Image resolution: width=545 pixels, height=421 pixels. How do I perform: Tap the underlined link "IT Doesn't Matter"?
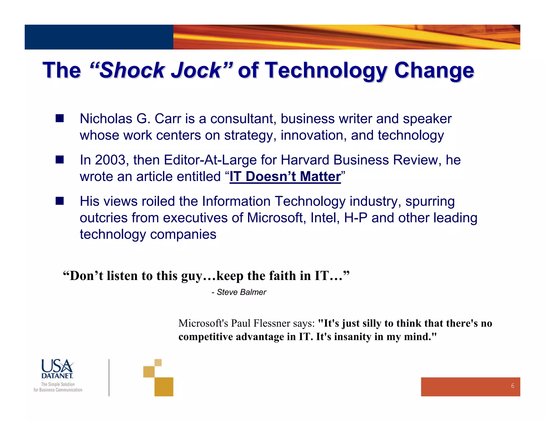[285, 177]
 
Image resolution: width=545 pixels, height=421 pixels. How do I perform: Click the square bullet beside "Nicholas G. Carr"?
[60, 118]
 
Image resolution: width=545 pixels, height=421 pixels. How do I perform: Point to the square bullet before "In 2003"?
[60, 160]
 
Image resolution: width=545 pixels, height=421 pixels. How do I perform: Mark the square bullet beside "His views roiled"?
[60, 201]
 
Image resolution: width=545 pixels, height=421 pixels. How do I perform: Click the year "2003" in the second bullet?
[110, 160]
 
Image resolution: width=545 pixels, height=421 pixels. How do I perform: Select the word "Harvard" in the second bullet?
[305, 160]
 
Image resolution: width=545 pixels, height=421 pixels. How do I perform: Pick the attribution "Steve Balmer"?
[241, 292]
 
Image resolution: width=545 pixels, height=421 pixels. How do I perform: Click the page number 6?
[513, 386]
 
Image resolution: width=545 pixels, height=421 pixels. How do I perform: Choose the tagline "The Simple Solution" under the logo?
[58, 384]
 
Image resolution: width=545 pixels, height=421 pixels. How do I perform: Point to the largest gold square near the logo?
[164, 387]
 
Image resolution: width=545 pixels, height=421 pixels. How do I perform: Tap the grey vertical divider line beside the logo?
[109, 378]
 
